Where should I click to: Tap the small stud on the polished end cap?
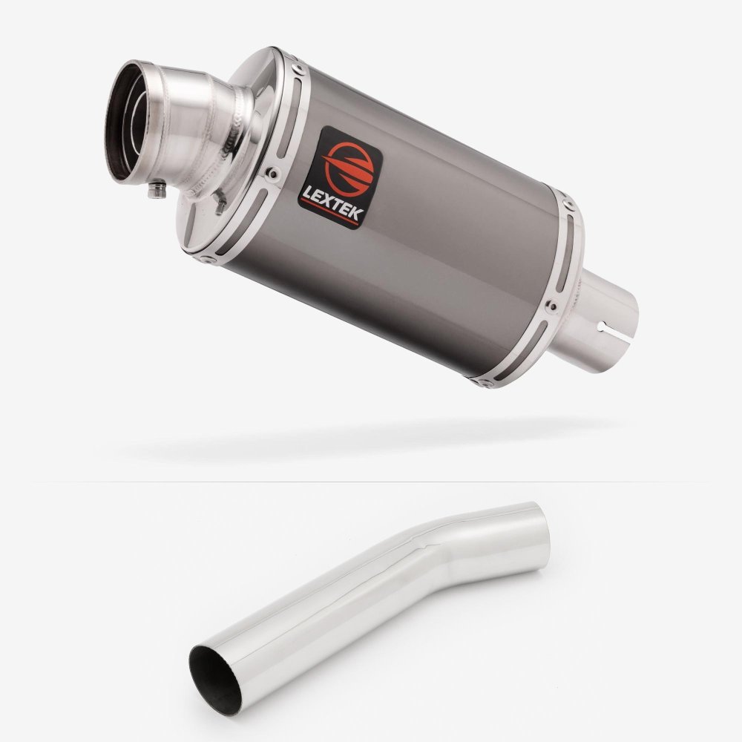click(x=220, y=203)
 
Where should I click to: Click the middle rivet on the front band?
click(x=272, y=174)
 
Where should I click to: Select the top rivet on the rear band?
click(x=568, y=205)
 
